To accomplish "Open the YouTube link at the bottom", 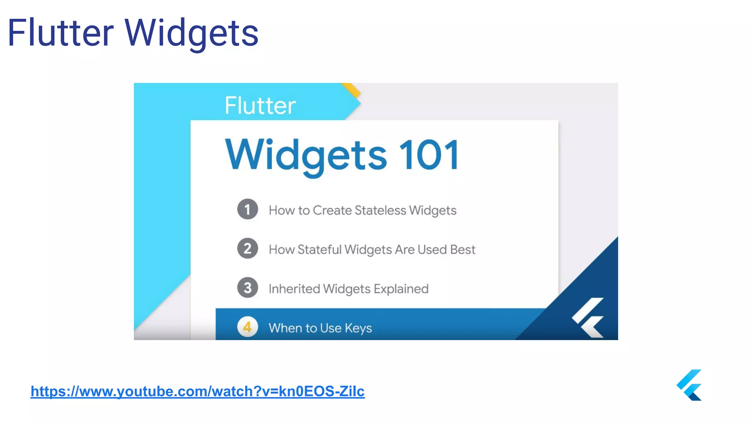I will (x=198, y=391).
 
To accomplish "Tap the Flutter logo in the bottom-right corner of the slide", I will (x=690, y=385).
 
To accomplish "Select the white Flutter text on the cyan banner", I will (x=260, y=106).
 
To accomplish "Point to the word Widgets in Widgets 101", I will (x=306, y=156).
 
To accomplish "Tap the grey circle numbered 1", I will (x=247, y=209).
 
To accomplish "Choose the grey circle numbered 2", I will (x=247, y=249).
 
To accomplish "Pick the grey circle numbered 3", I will (x=247, y=288).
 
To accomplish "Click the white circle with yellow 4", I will (x=247, y=327).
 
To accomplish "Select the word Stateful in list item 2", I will (x=319, y=250).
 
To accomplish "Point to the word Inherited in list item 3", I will (x=294, y=289).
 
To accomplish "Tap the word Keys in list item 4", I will (x=358, y=328).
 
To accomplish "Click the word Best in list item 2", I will (x=463, y=250).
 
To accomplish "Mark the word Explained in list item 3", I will (x=401, y=289).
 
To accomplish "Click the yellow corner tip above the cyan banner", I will (x=352, y=90).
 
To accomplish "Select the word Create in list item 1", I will (x=332, y=210).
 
